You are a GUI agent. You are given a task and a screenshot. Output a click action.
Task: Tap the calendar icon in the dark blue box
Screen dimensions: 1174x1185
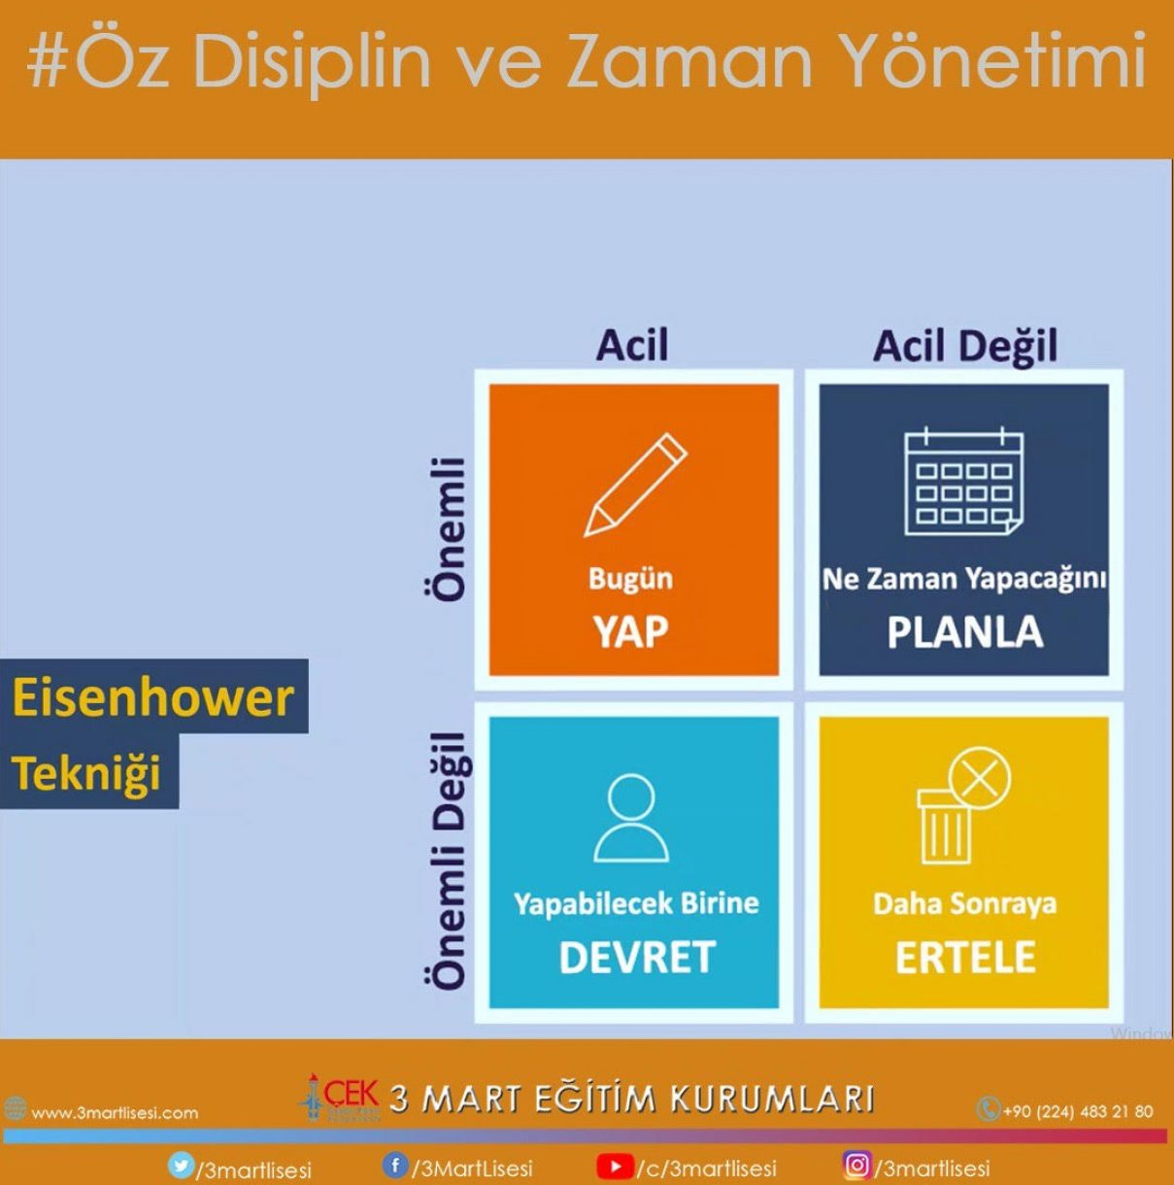tap(963, 483)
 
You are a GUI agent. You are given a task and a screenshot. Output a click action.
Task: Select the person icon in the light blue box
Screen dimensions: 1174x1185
tap(631, 817)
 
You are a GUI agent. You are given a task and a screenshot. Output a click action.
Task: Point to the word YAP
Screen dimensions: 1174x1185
tap(630, 631)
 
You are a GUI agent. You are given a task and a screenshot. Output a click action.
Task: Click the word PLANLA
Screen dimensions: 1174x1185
tap(965, 631)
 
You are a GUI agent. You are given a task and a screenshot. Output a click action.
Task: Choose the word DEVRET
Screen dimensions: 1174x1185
tap(636, 957)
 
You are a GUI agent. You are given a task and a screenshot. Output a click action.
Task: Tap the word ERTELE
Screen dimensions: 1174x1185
tap(965, 957)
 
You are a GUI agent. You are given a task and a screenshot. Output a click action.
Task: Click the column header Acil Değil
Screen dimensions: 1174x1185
tap(965, 346)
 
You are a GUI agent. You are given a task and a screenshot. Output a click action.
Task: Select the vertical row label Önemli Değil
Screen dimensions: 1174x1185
tap(448, 861)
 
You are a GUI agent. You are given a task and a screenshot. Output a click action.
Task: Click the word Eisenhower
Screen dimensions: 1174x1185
tap(152, 698)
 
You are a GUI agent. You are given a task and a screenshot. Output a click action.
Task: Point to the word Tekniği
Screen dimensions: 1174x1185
tap(86, 773)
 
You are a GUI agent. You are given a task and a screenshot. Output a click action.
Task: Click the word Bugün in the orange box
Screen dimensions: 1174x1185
tap(630, 579)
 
